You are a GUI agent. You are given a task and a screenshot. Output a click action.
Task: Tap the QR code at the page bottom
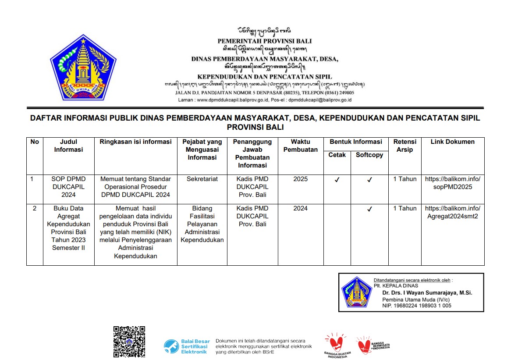click(x=129, y=341)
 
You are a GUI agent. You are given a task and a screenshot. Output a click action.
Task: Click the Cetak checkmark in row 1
click(x=337, y=179)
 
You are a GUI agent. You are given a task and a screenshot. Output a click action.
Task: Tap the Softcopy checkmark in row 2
click(x=369, y=209)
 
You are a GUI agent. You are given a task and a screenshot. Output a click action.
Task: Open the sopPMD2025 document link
click(x=453, y=183)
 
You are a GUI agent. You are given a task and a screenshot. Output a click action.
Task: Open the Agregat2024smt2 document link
click(x=453, y=212)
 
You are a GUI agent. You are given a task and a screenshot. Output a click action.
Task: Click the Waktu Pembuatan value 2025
click(x=301, y=179)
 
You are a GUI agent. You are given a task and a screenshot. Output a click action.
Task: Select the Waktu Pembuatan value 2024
click(x=301, y=208)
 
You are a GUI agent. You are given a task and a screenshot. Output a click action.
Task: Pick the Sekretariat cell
click(x=202, y=179)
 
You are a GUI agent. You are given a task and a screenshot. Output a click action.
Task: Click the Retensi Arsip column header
click(x=404, y=146)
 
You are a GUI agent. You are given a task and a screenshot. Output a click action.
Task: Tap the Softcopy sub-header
click(x=369, y=155)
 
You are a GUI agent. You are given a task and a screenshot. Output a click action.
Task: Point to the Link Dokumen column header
click(x=453, y=142)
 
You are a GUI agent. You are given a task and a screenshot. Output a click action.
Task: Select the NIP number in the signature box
click(x=416, y=306)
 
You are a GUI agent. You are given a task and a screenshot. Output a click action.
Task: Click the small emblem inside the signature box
click(x=356, y=292)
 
